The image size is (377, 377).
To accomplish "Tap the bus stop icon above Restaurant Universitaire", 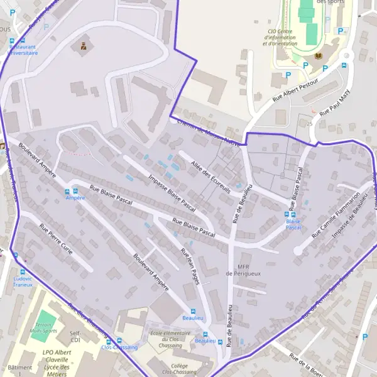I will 12,41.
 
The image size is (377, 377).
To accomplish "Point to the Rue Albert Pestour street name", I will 295,92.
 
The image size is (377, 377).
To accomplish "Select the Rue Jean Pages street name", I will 190,266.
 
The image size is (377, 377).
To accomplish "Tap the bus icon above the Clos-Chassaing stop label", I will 109,341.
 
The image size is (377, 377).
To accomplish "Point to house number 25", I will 310,124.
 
